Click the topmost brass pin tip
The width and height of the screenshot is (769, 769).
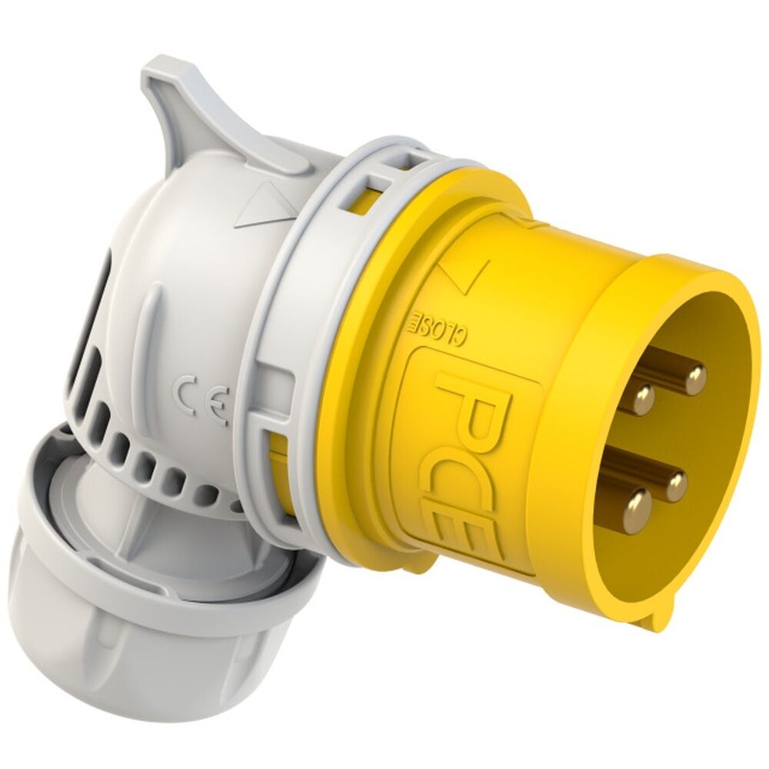point(695,378)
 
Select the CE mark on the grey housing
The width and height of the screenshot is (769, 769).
point(203,401)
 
